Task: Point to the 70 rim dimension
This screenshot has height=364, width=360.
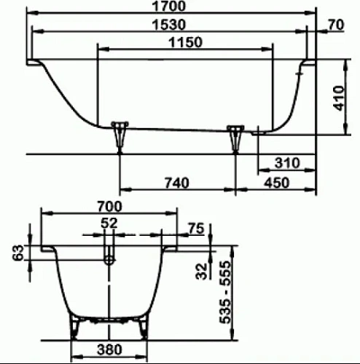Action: pos(336,25)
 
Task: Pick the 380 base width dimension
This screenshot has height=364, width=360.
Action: pos(109,350)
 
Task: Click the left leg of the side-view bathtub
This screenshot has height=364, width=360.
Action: pos(120,135)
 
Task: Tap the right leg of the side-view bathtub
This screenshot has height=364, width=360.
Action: pos(236,136)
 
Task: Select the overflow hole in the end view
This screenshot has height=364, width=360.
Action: pos(109,256)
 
